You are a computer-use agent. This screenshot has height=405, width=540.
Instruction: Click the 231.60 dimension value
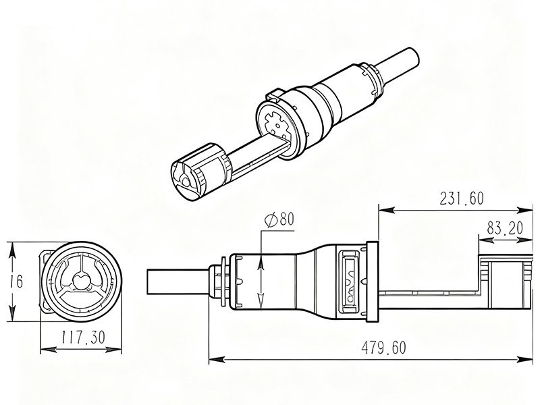pyautogui.click(x=462, y=198)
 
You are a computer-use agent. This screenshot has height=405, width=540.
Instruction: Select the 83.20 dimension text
pyautogui.click(x=505, y=228)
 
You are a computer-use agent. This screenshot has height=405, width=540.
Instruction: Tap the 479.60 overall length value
pyautogui.click(x=383, y=348)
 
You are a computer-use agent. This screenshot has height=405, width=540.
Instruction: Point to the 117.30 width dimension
pyautogui.click(x=83, y=337)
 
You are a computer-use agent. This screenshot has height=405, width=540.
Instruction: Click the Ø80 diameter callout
pyautogui.click(x=279, y=219)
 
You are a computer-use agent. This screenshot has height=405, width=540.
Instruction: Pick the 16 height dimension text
pyautogui.click(x=16, y=281)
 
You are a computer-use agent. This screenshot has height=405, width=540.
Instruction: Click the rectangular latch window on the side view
pyautogui.click(x=350, y=282)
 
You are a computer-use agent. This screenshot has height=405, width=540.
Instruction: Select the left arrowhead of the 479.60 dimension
pyautogui.click(x=217, y=360)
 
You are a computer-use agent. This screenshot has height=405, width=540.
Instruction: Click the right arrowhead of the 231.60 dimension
pyautogui.click(x=524, y=210)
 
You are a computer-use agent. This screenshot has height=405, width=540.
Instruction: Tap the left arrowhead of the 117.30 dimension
pyautogui.click(x=49, y=350)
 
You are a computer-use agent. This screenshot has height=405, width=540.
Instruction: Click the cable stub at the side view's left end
pyautogui.click(x=178, y=282)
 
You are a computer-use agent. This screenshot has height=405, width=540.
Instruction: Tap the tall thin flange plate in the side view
pyautogui.click(x=372, y=281)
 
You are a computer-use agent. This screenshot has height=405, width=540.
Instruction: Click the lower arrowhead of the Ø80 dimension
pyautogui.click(x=261, y=300)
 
